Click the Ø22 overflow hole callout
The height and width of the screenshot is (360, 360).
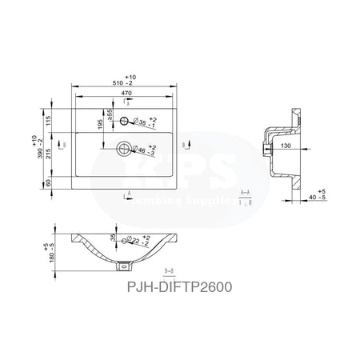[x=140, y=241]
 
